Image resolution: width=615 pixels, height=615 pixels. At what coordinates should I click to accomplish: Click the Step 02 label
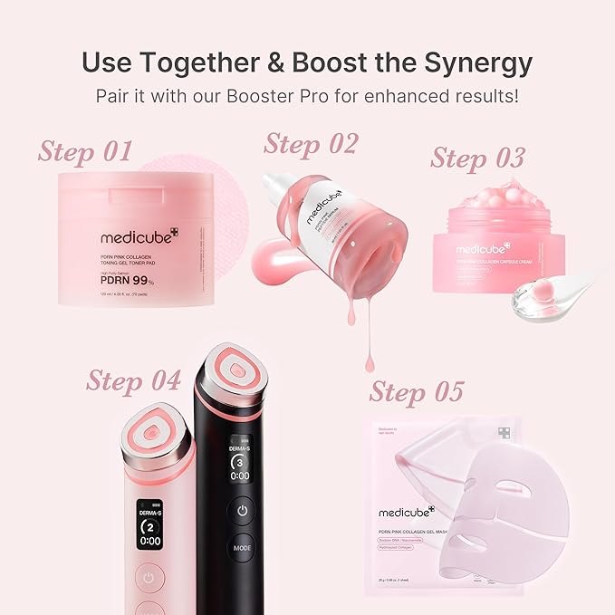point(311,143)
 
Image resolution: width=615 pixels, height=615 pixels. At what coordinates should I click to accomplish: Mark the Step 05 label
point(417,391)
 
